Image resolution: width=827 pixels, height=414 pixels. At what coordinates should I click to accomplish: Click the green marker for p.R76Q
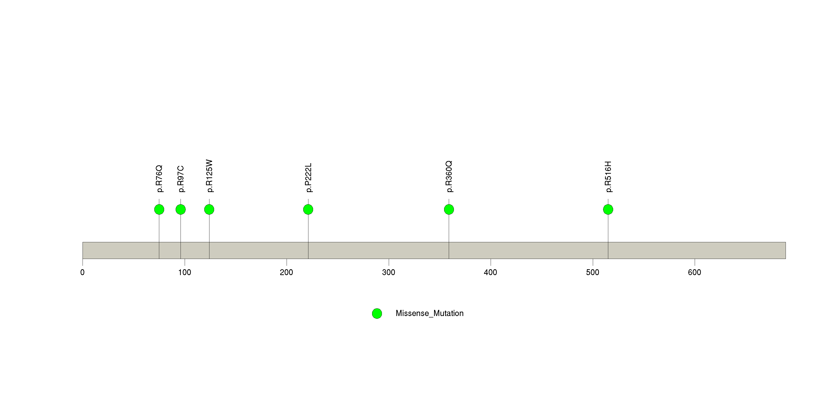click(159, 209)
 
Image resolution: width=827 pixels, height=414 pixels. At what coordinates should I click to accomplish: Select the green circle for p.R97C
click(181, 209)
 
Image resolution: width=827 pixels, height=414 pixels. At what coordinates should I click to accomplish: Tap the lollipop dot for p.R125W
click(209, 209)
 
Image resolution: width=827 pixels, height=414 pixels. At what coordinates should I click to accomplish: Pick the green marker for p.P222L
click(308, 209)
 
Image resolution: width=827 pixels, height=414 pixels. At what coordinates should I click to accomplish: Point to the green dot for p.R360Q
click(449, 209)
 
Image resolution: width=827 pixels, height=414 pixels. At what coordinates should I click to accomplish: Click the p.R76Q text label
click(159, 179)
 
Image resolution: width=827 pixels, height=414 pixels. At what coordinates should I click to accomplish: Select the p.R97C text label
click(181, 179)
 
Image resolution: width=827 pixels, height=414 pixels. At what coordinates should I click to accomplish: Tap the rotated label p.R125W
click(209, 176)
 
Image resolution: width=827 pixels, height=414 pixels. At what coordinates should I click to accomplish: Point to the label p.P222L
click(308, 178)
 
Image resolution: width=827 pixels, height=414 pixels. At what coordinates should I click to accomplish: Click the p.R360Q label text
click(449, 177)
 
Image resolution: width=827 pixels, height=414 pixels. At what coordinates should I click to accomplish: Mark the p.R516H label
click(608, 177)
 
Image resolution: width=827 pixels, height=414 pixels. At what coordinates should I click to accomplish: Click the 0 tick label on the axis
click(83, 272)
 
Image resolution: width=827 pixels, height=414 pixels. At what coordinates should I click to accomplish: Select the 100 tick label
click(185, 272)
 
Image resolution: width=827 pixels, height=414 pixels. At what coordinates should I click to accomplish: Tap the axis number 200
click(286, 272)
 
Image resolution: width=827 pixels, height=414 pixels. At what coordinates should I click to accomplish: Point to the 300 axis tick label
click(389, 272)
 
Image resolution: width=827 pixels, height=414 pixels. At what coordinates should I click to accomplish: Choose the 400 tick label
click(491, 272)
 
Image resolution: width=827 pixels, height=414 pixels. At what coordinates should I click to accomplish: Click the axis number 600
click(694, 272)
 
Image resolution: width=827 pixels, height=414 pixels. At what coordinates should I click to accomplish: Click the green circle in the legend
click(377, 314)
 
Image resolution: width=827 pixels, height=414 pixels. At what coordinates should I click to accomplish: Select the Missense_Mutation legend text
click(430, 313)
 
